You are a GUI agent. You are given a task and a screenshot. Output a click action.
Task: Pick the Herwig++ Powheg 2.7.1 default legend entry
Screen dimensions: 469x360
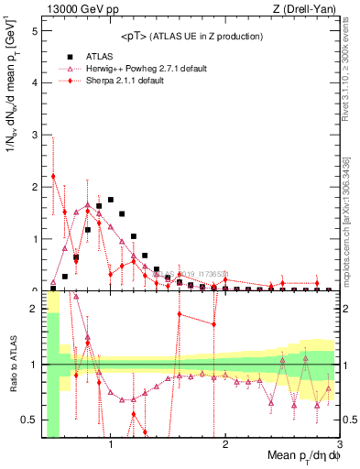[147, 69]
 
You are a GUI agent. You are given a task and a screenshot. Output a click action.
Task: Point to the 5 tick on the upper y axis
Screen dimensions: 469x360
[34, 30]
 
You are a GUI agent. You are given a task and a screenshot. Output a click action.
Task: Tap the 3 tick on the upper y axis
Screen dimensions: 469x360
[34, 135]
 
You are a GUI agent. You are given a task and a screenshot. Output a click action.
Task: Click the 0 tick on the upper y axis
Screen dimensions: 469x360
[34, 289]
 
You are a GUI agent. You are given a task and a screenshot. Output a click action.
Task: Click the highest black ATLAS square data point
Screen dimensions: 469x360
[111, 199]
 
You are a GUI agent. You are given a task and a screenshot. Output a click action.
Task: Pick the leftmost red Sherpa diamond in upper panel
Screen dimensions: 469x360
[53, 176]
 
